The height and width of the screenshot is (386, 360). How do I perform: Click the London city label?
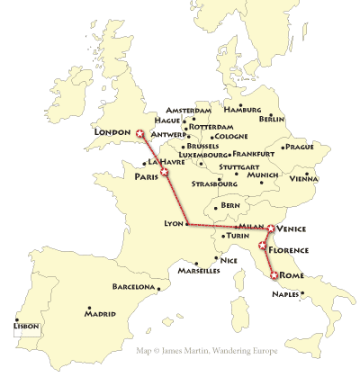tap(112, 131)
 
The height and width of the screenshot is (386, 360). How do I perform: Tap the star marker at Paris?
tap(163, 171)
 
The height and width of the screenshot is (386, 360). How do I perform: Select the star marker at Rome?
tap(274, 274)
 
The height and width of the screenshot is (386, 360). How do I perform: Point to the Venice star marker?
tap(271, 229)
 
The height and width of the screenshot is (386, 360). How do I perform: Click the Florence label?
tap(289, 250)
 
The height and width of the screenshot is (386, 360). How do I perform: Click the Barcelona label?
tap(133, 287)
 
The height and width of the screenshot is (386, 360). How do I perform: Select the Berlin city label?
tap(272, 119)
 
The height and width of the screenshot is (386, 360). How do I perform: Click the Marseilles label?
tap(199, 270)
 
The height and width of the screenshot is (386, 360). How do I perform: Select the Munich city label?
tap(262, 175)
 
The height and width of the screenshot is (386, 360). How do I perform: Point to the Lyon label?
tap(171, 223)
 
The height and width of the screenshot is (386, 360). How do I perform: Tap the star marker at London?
tap(139, 135)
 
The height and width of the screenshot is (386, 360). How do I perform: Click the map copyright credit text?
tap(207, 352)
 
